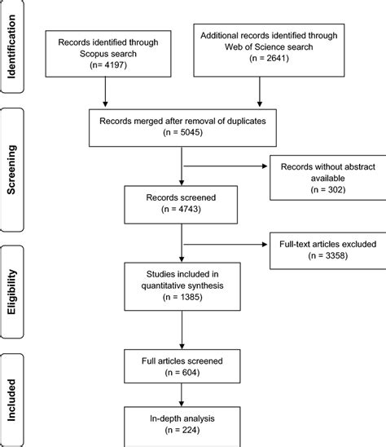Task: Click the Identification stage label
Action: click(11, 46)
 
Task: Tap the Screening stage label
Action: click(11, 170)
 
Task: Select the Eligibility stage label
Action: click(11, 292)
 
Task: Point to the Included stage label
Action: click(11, 401)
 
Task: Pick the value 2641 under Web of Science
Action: click(276, 58)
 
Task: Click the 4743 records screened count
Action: click(188, 209)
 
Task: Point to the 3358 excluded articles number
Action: click(335, 255)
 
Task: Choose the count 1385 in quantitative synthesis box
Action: click(190, 297)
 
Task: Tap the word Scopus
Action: click(92, 54)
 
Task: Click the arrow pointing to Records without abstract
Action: click(226, 166)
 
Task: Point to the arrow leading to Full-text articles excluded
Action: click(226, 245)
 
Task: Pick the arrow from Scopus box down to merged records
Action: click(105, 92)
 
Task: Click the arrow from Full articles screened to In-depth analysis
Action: click(182, 395)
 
